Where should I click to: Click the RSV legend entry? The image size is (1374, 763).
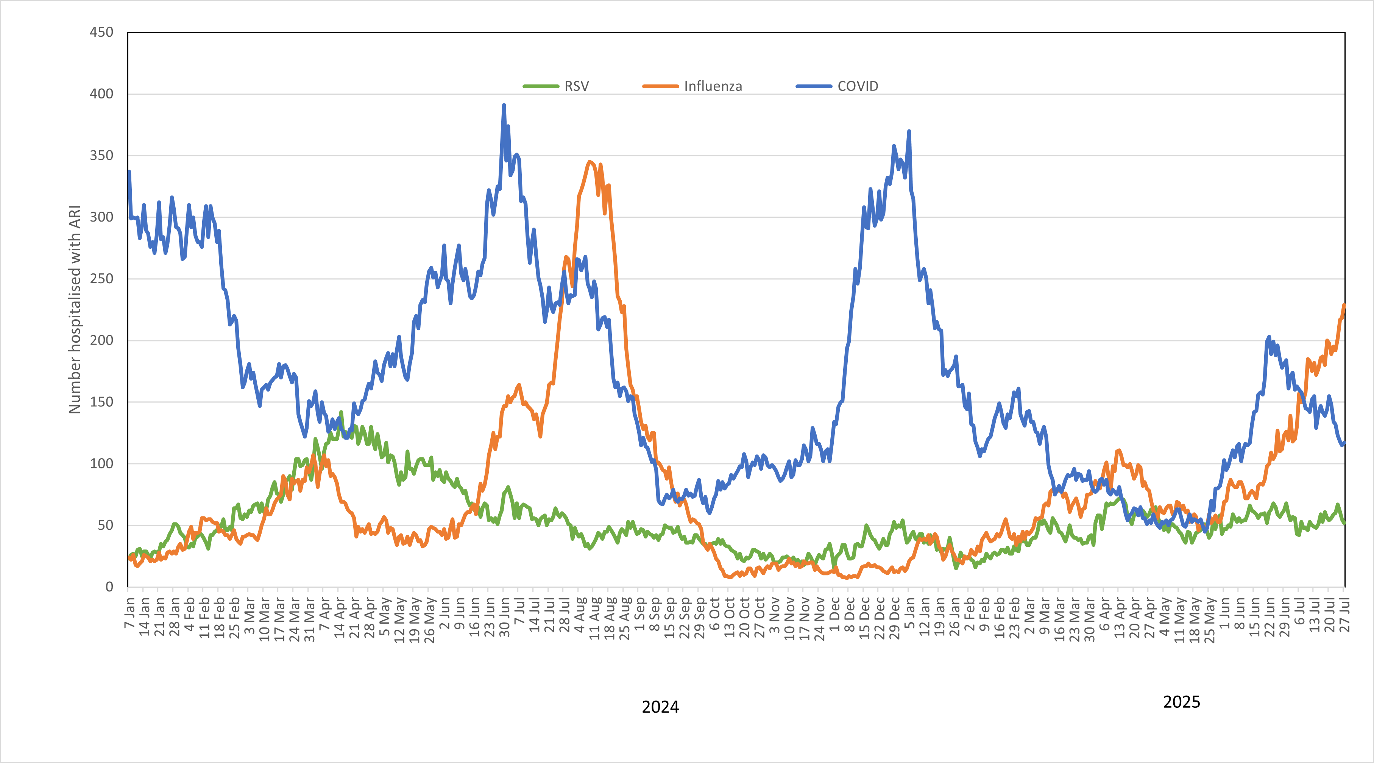coord(576,86)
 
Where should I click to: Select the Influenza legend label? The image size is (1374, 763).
coord(713,86)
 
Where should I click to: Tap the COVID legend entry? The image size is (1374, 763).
coord(857,86)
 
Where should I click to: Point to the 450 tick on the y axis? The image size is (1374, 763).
coord(101,32)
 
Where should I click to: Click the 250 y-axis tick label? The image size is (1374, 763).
coord(101,279)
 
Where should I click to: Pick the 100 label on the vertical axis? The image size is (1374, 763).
coord(101,463)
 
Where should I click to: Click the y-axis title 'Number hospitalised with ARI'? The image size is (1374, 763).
coord(75,309)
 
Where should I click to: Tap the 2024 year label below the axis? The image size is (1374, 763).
coord(660,707)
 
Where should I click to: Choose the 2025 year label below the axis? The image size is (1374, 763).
coord(1181,702)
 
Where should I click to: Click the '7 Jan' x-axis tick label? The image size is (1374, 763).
coord(129,613)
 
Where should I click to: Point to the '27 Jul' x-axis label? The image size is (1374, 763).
coord(1345,615)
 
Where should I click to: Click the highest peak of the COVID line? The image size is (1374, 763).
coord(504,105)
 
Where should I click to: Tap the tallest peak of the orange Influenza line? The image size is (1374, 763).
coord(590,161)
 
